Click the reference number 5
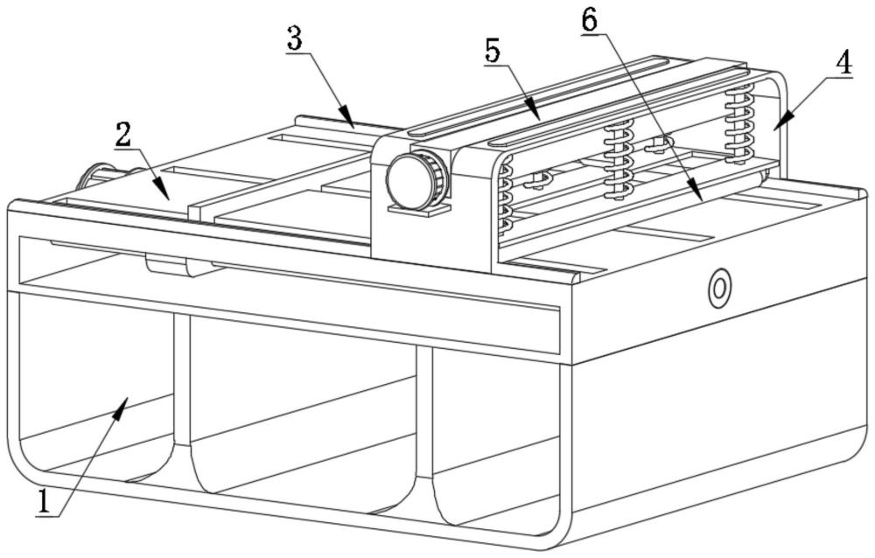(493, 52)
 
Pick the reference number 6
(589, 21)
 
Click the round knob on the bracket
(416, 179)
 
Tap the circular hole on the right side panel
(719, 289)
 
